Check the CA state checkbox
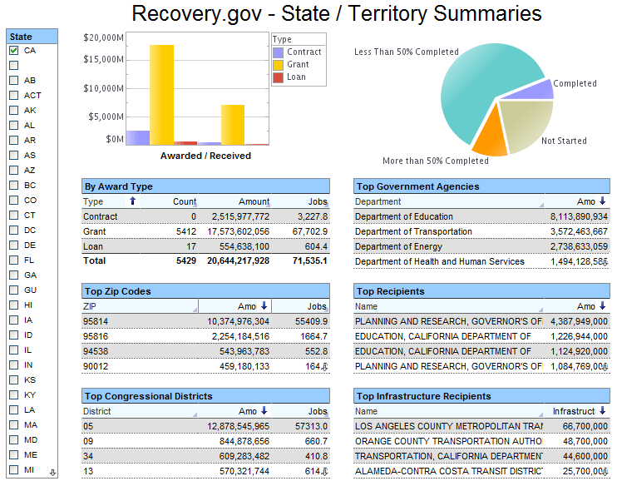(x=14, y=51)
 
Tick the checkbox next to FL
(x=14, y=260)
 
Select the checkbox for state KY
(x=14, y=394)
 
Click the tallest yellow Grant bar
(x=161, y=95)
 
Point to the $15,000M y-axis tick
(x=103, y=59)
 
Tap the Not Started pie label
(x=564, y=141)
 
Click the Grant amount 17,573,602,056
(x=239, y=231)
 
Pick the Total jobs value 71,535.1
(x=310, y=260)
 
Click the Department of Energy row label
(x=398, y=246)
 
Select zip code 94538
(x=96, y=351)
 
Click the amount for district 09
(x=244, y=441)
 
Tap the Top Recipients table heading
(x=390, y=291)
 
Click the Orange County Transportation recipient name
(x=448, y=441)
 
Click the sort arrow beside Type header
(x=132, y=201)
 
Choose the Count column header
(x=185, y=201)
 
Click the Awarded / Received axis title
(x=205, y=156)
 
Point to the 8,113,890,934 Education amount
(x=579, y=216)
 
